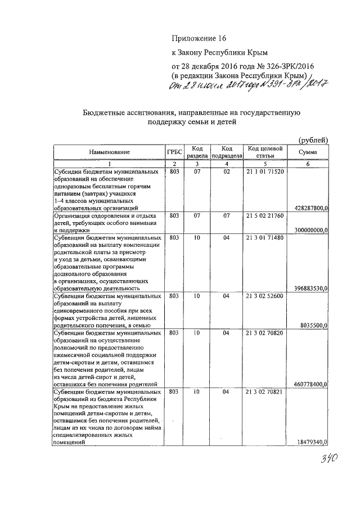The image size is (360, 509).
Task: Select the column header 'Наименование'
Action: tap(109, 152)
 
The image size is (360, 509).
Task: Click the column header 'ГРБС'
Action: tap(173, 152)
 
